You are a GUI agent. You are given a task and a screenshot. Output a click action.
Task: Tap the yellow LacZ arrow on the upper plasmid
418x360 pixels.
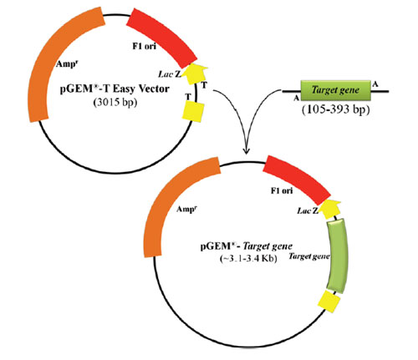(x=196, y=74)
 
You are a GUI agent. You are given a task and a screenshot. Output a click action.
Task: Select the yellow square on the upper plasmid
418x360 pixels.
(x=193, y=111)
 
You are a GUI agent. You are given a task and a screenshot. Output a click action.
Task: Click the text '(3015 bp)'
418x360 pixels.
(x=115, y=103)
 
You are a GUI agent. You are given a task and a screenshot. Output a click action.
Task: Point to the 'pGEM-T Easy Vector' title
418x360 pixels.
(x=115, y=89)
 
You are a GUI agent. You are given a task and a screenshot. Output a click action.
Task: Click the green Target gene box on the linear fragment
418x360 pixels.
(x=335, y=90)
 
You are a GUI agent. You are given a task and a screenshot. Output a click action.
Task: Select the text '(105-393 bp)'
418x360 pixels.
(x=336, y=109)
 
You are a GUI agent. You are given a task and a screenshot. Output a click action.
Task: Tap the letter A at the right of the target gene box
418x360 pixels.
(x=375, y=84)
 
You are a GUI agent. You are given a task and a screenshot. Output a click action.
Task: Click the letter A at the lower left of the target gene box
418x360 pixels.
(x=297, y=98)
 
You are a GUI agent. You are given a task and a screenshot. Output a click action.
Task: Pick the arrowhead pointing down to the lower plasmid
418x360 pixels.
(x=246, y=150)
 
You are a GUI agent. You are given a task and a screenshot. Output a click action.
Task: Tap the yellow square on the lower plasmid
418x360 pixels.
(x=329, y=301)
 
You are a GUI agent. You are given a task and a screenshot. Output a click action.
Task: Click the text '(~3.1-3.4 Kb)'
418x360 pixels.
(x=248, y=259)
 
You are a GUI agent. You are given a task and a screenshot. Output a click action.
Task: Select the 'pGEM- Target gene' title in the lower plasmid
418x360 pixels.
(x=247, y=246)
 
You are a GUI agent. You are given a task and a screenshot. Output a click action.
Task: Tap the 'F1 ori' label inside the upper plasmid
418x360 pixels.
(x=144, y=46)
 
